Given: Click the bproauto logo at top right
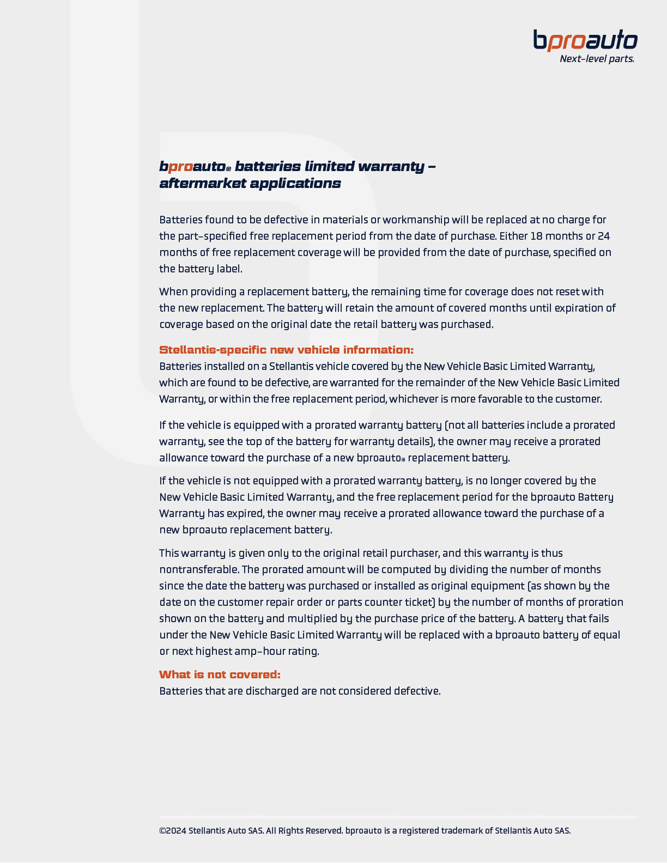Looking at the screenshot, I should click(585, 41).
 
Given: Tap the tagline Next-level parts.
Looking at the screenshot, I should click(597, 59).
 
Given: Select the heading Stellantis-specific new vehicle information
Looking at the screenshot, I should click(286, 350).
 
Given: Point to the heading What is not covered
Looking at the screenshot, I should click(220, 674).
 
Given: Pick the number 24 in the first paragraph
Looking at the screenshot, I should click(604, 236).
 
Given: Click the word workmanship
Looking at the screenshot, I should click(416, 220).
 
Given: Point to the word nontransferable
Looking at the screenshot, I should click(198, 569).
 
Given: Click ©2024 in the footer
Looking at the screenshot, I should click(172, 831).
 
